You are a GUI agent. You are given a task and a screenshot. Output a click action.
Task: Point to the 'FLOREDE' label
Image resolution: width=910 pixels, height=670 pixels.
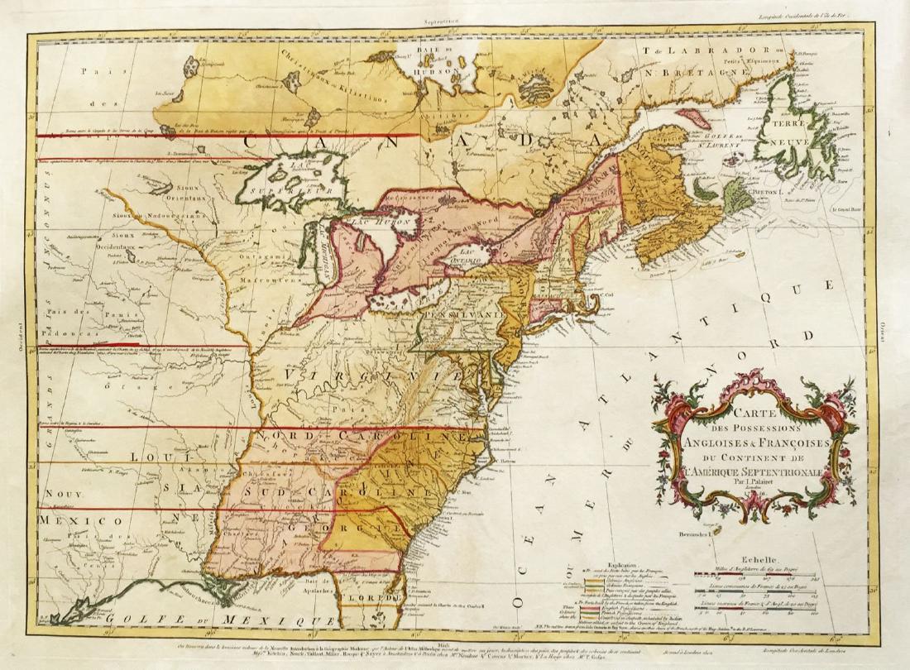point(372,594)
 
